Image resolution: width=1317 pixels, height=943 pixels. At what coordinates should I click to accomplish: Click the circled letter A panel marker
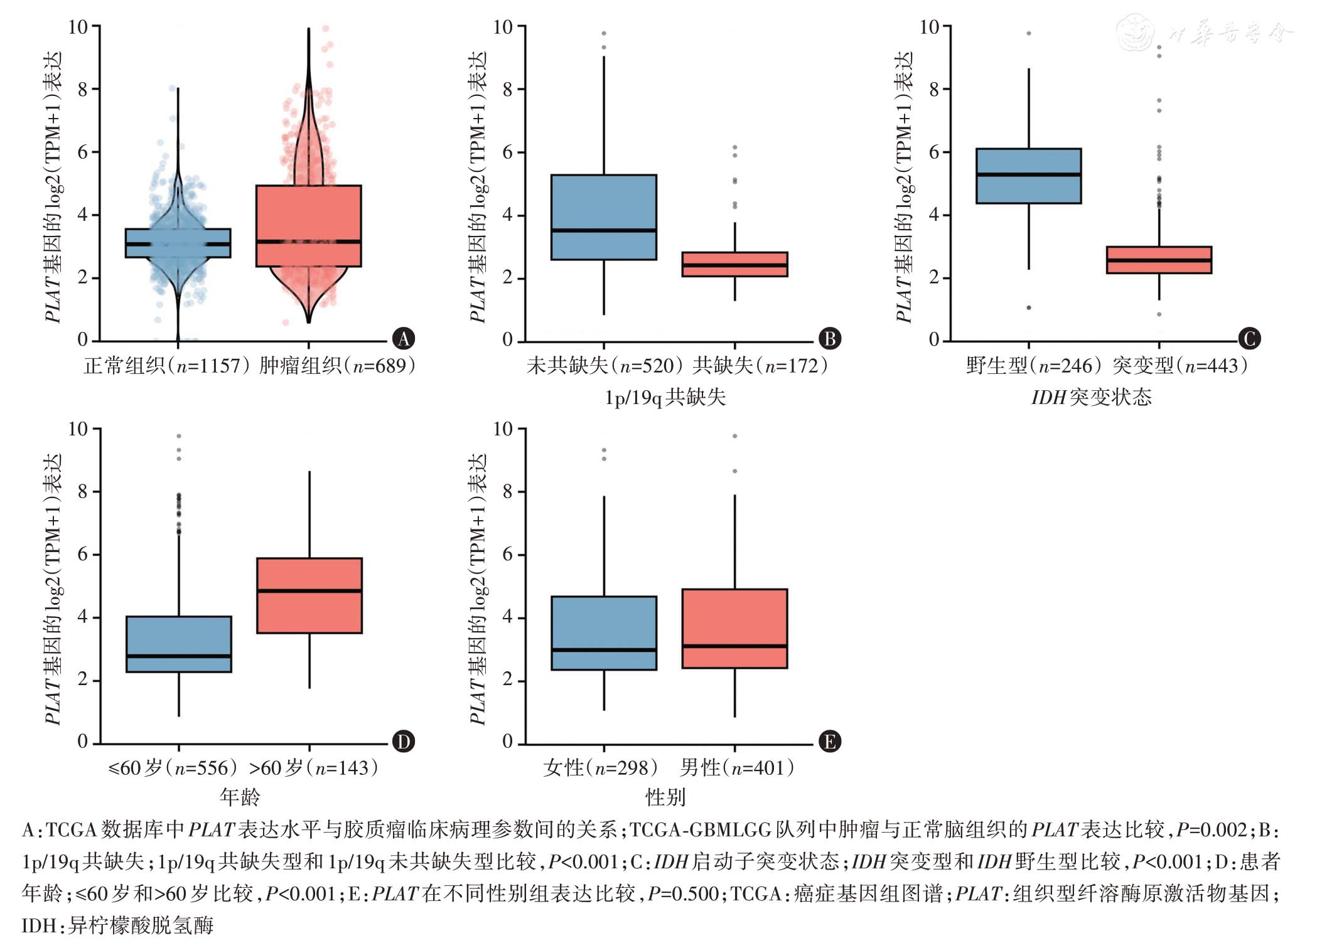[404, 339]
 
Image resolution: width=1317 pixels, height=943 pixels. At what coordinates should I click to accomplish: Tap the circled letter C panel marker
[1249, 339]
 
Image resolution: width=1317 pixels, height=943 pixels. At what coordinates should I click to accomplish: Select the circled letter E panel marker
[829, 742]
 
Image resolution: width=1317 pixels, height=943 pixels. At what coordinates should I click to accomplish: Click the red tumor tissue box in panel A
[308, 213]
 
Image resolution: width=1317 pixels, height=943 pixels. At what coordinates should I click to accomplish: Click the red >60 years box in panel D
[309, 612]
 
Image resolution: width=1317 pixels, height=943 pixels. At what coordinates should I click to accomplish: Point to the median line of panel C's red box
[1159, 260]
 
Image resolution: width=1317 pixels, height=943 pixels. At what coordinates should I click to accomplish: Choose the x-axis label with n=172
[760, 365]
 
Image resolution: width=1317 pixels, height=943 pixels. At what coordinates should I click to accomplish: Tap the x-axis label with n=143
[314, 767]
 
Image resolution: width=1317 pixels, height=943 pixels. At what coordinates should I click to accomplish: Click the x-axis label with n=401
[737, 767]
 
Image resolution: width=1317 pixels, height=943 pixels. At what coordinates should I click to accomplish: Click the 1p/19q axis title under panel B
[665, 397]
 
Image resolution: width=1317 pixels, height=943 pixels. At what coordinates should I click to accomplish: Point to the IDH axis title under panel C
[1091, 397]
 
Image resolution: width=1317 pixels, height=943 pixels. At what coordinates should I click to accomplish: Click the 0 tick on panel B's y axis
[508, 340]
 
